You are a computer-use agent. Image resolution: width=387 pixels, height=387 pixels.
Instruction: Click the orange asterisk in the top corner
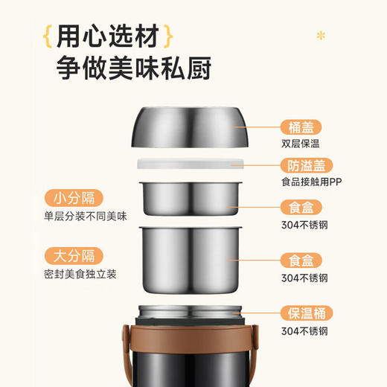click(x=322, y=35)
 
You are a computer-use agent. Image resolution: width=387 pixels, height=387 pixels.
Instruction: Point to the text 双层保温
click(x=300, y=146)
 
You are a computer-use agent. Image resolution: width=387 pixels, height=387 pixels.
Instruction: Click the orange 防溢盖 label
click(x=305, y=166)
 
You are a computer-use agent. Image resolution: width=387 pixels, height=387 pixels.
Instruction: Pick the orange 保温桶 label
click(x=305, y=313)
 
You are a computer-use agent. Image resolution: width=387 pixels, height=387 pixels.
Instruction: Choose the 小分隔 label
click(x=74, y=198)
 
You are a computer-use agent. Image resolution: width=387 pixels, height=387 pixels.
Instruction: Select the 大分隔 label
click(x=74, y=256)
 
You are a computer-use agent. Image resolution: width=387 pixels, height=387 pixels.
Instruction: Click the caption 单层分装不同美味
click(x=85, y=217)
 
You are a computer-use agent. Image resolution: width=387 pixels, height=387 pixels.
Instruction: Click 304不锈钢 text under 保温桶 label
click(x=304, y=332)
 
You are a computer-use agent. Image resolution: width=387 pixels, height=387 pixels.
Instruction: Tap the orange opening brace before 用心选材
click(x=47, y=35)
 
